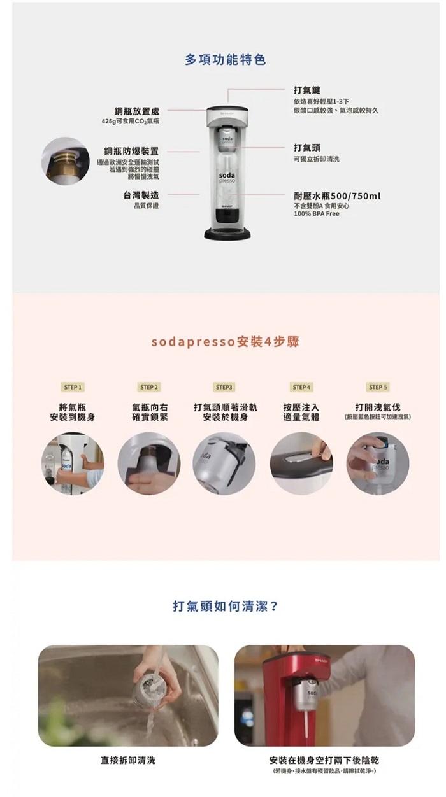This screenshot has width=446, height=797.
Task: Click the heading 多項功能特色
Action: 225,60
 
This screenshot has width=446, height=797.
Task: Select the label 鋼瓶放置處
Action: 133,111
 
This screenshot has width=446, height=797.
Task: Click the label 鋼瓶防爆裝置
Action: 132,152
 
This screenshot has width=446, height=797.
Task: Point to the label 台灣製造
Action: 141,195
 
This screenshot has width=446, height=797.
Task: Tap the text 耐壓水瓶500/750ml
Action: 337,196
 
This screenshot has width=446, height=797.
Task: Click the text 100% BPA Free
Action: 317,214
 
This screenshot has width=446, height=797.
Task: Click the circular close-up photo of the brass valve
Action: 65,160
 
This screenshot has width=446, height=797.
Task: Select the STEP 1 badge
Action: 72,387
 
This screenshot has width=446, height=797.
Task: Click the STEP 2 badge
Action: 148,387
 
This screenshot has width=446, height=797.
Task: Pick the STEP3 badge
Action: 224,387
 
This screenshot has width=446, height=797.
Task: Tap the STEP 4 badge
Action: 301,387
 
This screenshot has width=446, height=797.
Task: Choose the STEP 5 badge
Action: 378,387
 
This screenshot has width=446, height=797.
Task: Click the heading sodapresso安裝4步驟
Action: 225,342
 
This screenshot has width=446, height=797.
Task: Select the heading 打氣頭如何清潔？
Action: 225,606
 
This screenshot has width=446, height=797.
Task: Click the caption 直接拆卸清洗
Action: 128,760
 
